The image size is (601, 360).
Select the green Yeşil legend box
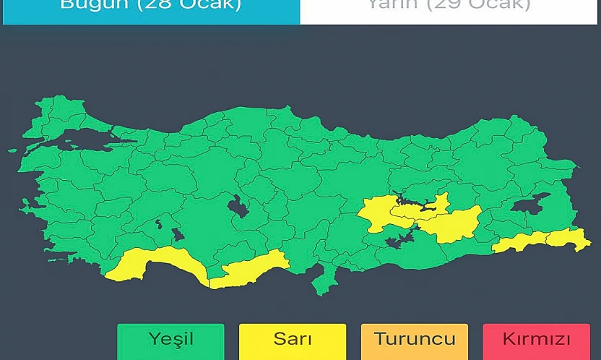click(170, 340)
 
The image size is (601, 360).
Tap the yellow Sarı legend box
click(292, 340)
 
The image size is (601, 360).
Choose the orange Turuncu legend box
click(415, 340)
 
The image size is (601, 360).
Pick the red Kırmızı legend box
click(536, 340)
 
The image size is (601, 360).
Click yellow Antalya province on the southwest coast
click(163, 262)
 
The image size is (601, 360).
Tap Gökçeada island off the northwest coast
click(12, 151)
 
